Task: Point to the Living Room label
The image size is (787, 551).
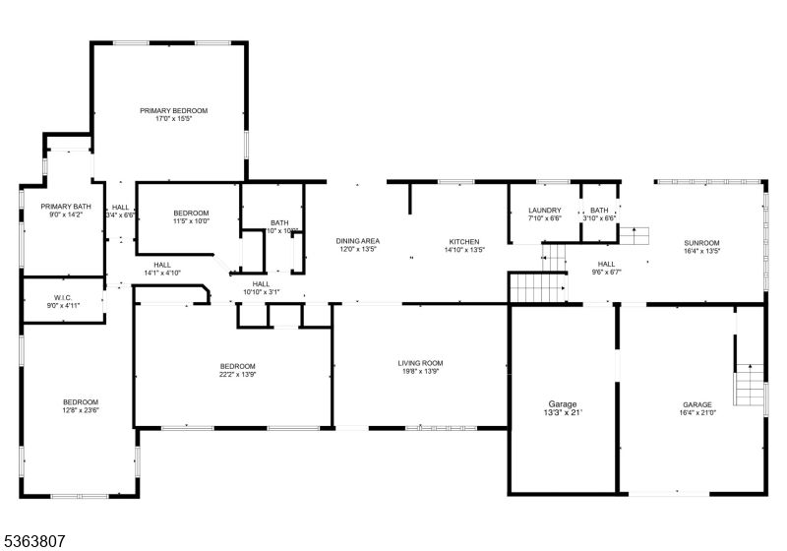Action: click(x=420, y=363)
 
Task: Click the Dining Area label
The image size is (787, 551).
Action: click(x=357, y=241)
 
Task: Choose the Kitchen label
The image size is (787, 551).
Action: click(x=463, y=241)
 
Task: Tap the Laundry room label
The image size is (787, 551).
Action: click(x=544, y=211)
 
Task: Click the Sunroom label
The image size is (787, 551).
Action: click(x=702, y=242)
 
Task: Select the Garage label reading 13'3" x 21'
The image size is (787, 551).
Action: click(x=563, y=404)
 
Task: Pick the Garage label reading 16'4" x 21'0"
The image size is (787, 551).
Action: click(x=696, y=404)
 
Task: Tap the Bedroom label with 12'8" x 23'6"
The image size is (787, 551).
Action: click(x=81, y=401)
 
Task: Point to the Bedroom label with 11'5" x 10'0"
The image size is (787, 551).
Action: click(x=191, y=214)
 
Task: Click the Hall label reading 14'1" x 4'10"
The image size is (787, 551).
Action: click(x=162, y=265)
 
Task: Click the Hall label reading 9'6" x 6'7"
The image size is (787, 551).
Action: click(x=606, y=264)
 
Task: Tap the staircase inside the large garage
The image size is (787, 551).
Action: click(x=751, y=384)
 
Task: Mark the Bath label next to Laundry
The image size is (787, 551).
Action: click(x=599, y=211)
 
